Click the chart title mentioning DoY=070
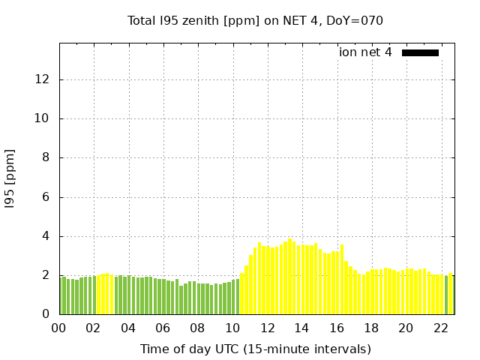point(255,21)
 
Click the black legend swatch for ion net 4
point(420,52)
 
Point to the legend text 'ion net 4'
point(365,52)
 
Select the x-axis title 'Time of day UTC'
point(255,349)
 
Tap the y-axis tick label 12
point(43,79)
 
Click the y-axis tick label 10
point(43,118)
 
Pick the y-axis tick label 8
point(46,157)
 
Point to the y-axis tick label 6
point(46,197)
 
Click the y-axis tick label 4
point(46,236)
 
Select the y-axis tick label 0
point(46,314)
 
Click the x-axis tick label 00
point(59,328)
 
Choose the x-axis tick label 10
point(232,328)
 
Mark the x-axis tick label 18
point(371,328)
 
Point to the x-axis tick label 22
point(441,328)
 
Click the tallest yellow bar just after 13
point(290,276)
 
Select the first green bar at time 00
point(63,295)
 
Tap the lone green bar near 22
point(446,295)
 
